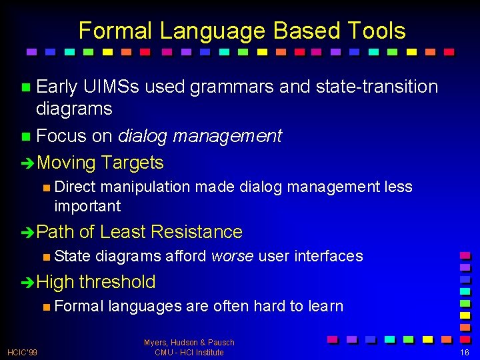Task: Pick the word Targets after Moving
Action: coord(133,163)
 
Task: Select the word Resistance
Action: coord(197,232)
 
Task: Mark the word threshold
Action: coord(117,282)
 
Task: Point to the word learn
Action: coord(325,307)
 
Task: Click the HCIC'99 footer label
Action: coord(22,352)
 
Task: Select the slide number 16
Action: coord(465,352)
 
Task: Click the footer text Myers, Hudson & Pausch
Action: coord(189,343)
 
